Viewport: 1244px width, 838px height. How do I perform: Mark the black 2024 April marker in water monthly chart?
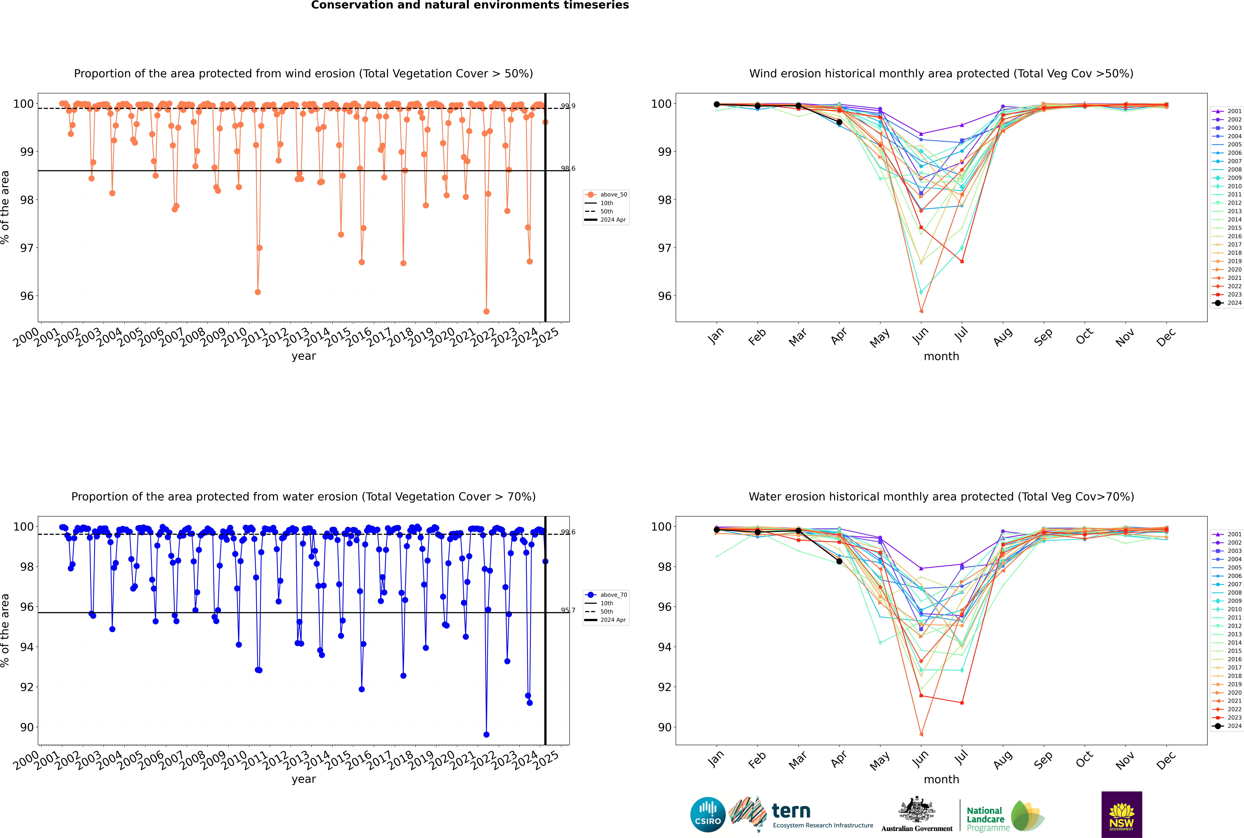(x=839, y=561)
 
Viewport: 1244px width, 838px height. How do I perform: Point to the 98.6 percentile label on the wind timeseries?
(x=568, y=168)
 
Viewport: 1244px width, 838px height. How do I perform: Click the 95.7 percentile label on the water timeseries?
(x=568, y=610)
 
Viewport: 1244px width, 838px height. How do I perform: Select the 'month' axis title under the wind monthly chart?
(x=941, y=357)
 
